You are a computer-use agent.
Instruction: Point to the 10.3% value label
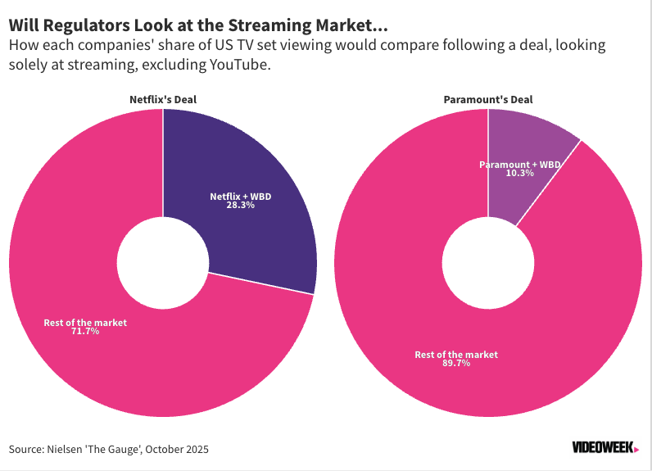(x=519, y=174)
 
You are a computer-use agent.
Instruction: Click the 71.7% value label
(x=84, y=332)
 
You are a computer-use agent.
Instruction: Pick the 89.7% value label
(x=455, y=364)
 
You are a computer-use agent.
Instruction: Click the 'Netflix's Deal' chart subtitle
(x=163, y=100)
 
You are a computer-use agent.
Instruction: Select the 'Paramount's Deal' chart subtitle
(x=488, y=100)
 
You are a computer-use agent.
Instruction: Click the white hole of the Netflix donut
(x=163, y=263)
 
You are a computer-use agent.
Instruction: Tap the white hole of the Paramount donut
(x=488, y=263)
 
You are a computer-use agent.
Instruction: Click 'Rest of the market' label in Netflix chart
(x=85, y=323)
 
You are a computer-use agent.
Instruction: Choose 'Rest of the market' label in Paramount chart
(x=456, y=355)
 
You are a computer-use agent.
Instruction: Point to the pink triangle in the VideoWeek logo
(x=636, y=449)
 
